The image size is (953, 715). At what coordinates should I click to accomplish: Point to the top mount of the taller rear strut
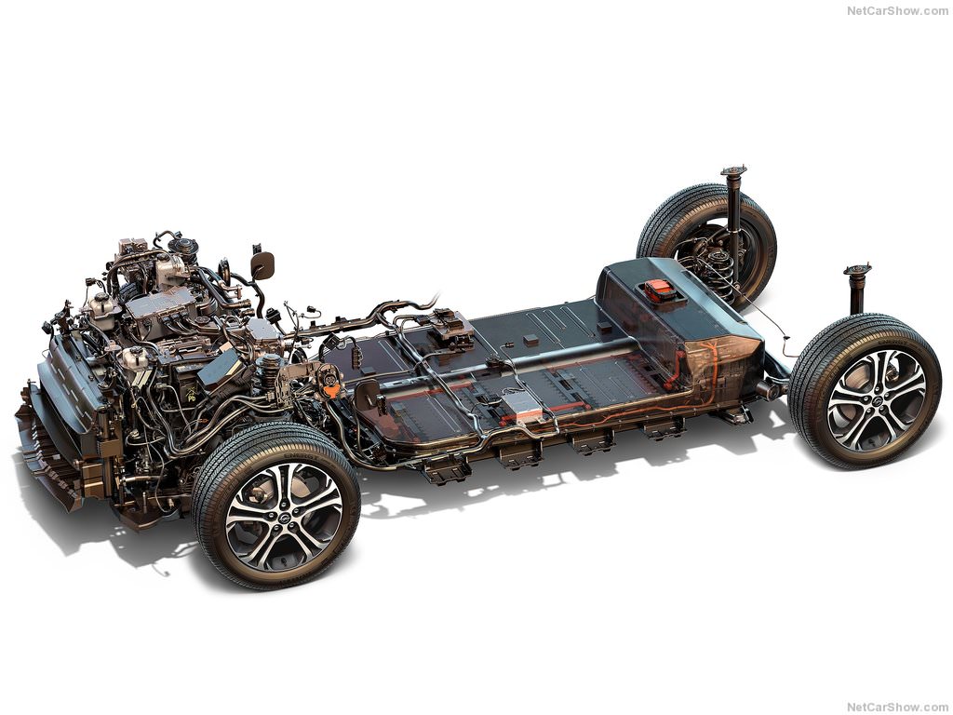733,170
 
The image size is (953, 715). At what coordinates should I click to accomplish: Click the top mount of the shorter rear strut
857,270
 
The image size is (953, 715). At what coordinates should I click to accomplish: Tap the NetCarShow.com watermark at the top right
897,11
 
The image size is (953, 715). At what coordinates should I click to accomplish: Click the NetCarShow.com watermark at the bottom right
897,708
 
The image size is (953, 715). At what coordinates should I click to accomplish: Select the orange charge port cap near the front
330,388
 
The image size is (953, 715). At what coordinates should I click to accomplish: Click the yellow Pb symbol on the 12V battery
191,396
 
